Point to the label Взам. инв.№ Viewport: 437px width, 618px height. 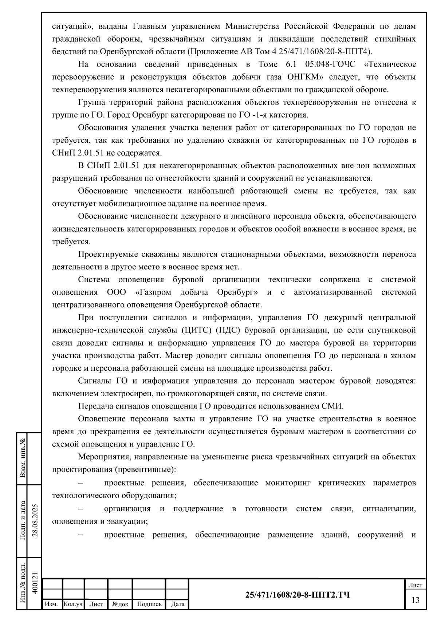click(x=23, y=458)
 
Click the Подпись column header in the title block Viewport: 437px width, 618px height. click(x=149, y=604)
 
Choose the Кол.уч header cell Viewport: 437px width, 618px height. click(x=73, y=604)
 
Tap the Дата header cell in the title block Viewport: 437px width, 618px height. click(x=178, y=604)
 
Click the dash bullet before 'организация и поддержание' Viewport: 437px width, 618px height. click(x=80, y=509)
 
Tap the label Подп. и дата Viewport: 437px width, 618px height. click(x=23, y=521)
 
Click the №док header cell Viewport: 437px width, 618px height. click(x=120, y=604)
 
